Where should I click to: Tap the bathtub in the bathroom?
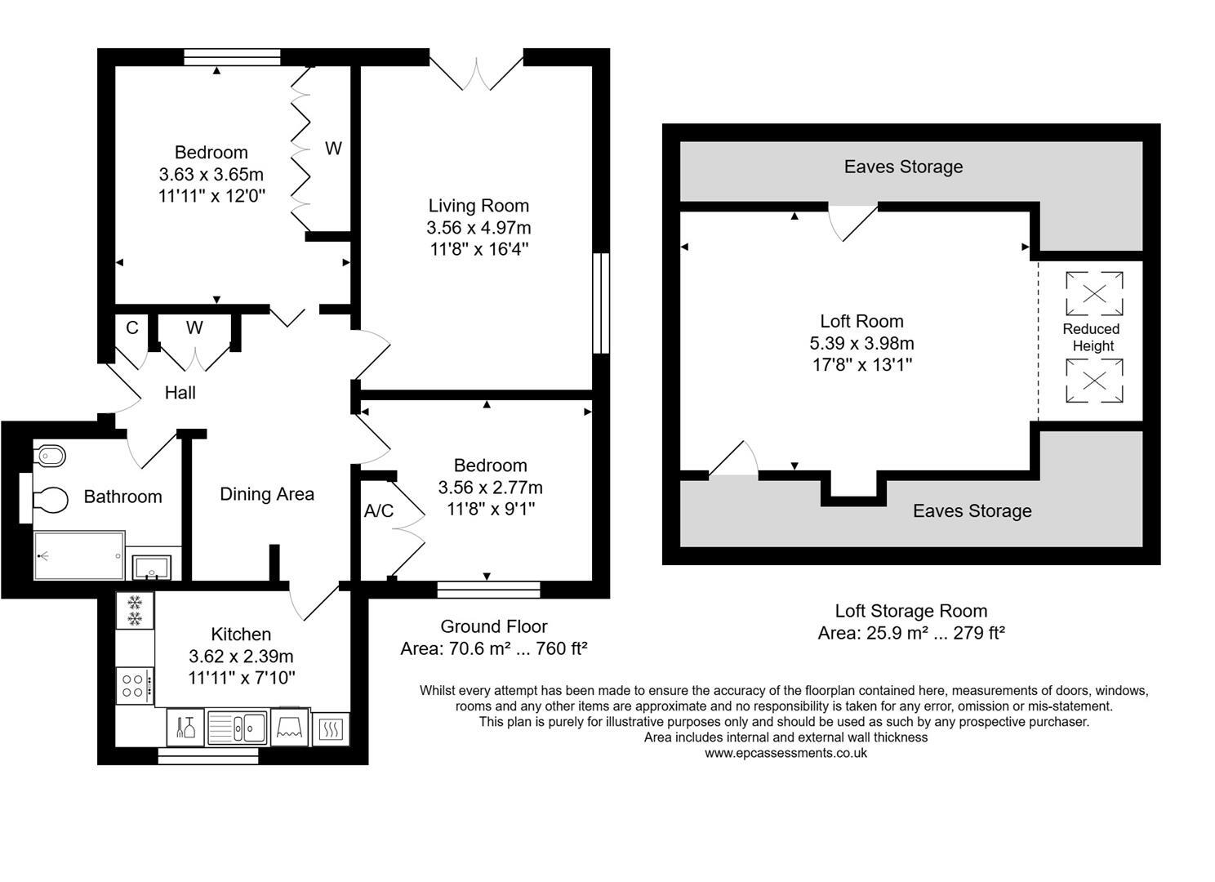(79, 555)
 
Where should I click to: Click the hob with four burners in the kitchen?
(134, 684)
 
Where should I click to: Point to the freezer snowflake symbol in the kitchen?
(135, 610)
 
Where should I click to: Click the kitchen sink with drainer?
(237, 726)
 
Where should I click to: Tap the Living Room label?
(479, 206)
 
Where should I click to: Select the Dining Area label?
(267, 494)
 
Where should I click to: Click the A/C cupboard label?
(378, 511)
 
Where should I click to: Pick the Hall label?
(180, 393)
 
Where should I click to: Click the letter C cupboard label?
(131, 328)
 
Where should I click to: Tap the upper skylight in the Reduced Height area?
(1094, 293)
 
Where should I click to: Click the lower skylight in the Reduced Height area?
(1094, 381)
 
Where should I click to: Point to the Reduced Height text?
(1092, 337)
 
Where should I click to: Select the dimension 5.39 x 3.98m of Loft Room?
(861, 343)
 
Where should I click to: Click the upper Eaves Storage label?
(903, 167)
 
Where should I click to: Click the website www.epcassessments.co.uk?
(786, 753)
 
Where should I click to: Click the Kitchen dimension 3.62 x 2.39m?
(241, 656)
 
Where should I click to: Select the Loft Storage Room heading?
(910, 611)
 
